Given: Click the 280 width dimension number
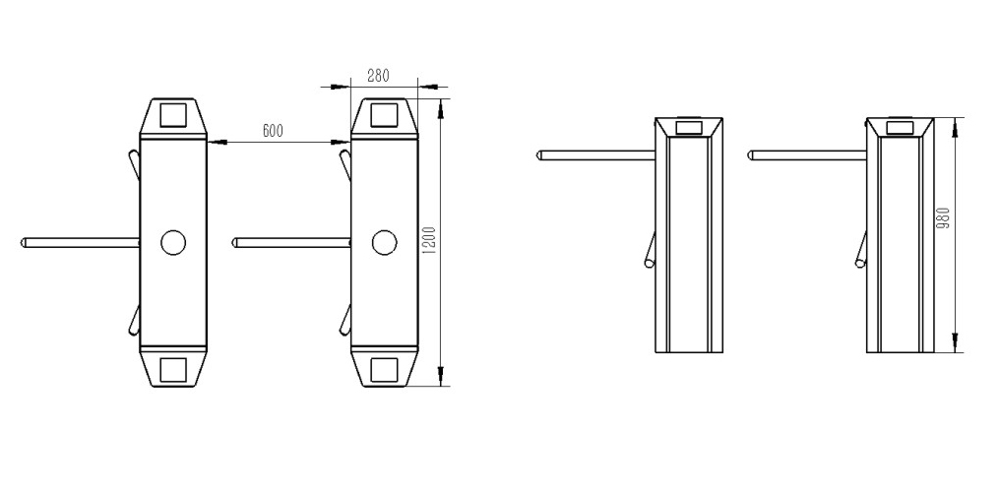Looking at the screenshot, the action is tap(378, 75).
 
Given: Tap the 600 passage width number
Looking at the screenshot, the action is tap(273, 131).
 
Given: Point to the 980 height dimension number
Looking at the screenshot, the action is tap(945, 217).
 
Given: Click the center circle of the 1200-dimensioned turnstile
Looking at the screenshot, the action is tap(384, 242).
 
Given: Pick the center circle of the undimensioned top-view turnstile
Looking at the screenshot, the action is tap(173, 242).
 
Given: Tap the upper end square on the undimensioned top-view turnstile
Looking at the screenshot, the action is tap(173, 115).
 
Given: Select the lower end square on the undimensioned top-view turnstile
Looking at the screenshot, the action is tap(173, 370).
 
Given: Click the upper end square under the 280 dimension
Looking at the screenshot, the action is tap(384, 115).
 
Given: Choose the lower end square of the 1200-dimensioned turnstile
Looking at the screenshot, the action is tap(384, 370).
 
